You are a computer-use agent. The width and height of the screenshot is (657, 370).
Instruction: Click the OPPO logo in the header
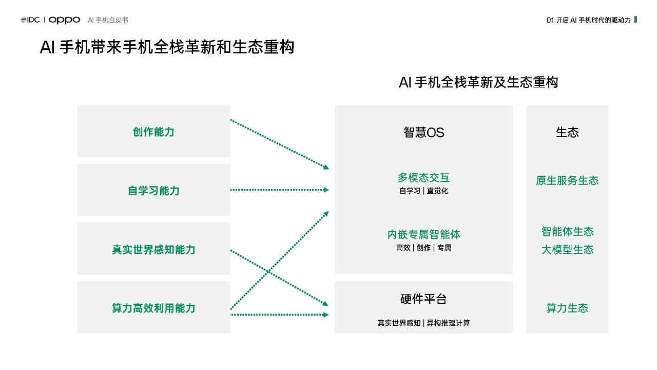pyautogui.click(x=64, y=20)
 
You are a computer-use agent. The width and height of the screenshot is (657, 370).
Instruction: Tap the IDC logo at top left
pyautogui.click(x=30, y=20)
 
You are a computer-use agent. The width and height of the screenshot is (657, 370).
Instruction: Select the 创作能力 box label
pyautogui.click(x=153, y=132)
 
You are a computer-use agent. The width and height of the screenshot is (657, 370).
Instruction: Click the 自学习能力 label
pyautogui.click(x=153, y=191)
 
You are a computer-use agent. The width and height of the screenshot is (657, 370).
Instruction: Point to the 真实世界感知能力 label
pyautogui.click(x=153, y=249)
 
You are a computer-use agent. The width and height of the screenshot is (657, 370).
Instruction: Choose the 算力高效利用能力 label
pyautogui.click(x=153, y=308)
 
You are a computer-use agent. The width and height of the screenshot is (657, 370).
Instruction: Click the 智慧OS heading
pyautogui.click(x=424, y=133)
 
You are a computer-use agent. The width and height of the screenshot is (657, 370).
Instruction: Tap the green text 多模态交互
pyautogui.click(x=424, y=178)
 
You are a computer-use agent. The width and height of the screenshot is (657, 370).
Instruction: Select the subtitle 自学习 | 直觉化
pyautogui.click(x=424, y=191)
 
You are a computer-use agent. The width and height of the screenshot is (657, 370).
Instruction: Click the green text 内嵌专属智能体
pyautogui.click(x=424, y=235)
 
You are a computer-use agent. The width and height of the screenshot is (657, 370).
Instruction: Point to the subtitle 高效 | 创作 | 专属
pyautogui.click(x=424, y=248)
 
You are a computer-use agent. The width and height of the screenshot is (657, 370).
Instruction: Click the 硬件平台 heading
pyautogui.click(x=424, y=299)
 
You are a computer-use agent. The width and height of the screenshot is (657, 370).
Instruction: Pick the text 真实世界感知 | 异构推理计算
pyautogui.click(x=424, y=323)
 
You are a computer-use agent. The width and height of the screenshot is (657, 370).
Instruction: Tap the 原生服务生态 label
pyautogui.click(x=567, y=180)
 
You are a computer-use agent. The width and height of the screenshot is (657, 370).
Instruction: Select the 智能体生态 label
pyautogui.click(x=567, y=232)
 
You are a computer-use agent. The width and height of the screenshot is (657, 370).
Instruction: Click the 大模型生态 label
pyautogui.click(x=567, y=250)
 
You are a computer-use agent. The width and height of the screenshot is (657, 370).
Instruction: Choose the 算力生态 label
pyautogui.click(x=567, y=308)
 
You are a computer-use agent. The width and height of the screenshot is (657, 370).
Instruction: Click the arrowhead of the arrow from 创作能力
pyautogui.click(x=326, y=168)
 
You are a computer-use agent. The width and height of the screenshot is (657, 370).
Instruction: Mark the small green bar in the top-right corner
pyautogui.click(x=635, y=20)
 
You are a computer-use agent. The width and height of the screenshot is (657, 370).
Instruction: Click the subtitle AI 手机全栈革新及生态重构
pyautogui.click(x=478, y=82)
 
